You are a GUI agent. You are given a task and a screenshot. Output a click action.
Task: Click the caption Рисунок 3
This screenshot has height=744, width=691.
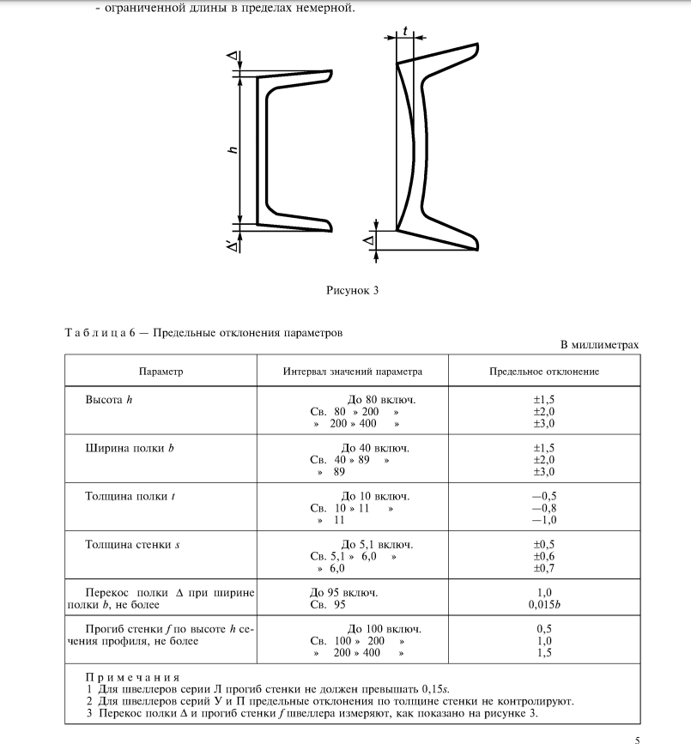[x=352, y=290]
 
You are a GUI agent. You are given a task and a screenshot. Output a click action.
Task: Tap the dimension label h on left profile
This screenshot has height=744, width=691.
[x=232, y=150]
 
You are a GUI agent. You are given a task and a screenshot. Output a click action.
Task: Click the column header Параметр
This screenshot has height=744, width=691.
[x=161, y=372]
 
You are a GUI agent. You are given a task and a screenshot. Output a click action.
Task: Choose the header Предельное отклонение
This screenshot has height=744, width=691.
[x=544, y=372]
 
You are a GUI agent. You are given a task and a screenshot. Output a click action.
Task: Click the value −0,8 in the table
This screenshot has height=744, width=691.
[x=544, y=508]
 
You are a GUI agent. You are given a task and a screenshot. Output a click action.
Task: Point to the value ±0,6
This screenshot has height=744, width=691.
[x=544, y=556]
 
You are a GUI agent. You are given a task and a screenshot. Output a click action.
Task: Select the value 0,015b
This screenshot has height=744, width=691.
[x=544, y=605]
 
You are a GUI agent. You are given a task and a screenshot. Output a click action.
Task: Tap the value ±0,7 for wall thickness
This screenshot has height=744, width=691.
[x=544, y=568]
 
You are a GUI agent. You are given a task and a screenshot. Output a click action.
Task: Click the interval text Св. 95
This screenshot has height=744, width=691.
[x=325, y=605]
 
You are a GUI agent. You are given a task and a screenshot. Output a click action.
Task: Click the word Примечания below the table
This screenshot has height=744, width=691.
[x=130, y=677]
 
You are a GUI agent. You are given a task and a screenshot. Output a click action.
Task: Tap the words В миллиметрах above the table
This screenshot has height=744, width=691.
[x=599, y=344]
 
